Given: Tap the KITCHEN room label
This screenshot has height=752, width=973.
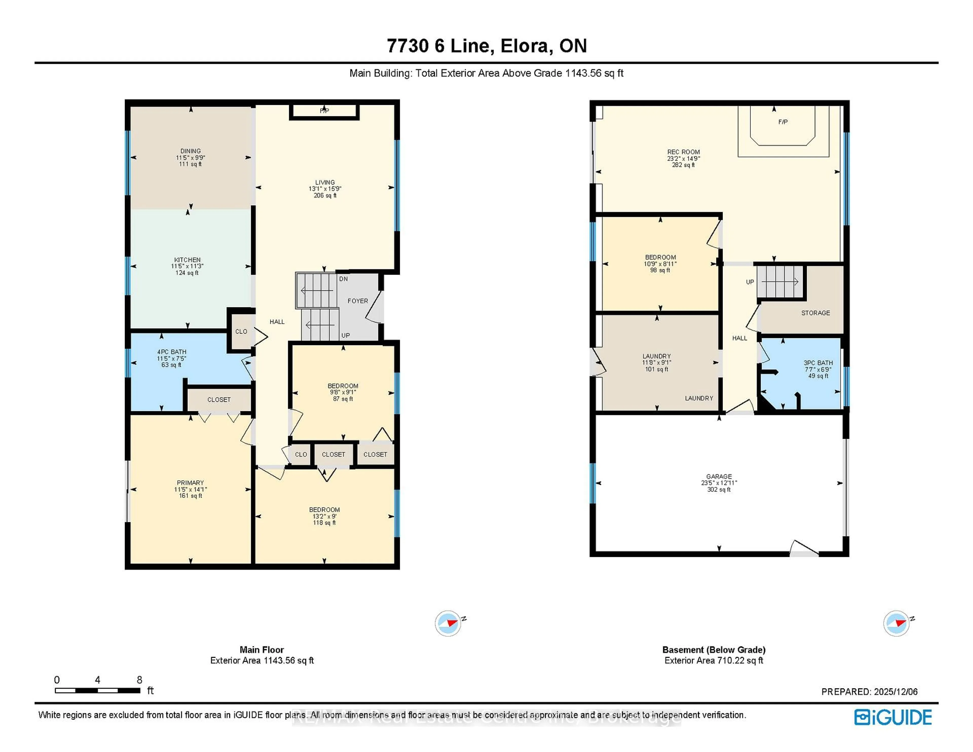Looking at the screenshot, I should coord(187,260).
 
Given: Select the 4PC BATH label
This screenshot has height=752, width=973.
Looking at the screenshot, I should coord(172,352).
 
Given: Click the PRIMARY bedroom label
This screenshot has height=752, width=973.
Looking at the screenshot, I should coord(190,483).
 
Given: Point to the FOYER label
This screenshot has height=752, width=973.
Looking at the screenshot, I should coord(358,301).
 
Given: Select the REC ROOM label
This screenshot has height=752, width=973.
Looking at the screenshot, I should coord(683,152).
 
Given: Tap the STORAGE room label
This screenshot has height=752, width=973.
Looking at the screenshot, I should coord(815,313).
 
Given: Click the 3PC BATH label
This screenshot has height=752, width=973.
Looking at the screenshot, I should coord(818,363).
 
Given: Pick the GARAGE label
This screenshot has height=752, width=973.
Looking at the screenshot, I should coord(719,477).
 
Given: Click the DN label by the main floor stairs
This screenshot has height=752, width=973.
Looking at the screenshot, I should coord(344,279).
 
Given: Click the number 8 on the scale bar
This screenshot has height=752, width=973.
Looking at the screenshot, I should coord(139,680).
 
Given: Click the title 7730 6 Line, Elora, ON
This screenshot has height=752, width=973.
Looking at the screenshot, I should coord(486,46).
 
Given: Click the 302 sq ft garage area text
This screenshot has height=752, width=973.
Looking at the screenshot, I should coord(719,490).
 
